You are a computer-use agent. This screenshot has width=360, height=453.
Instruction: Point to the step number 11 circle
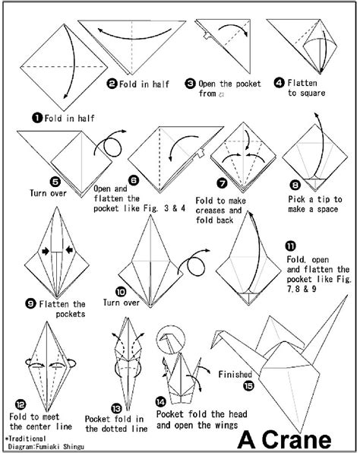pos(292,246)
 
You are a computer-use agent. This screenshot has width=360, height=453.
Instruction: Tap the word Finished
pos(235,373)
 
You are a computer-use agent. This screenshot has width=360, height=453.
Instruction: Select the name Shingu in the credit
pos(73,446)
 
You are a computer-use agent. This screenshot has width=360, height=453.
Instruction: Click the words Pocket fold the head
pos(197,414)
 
